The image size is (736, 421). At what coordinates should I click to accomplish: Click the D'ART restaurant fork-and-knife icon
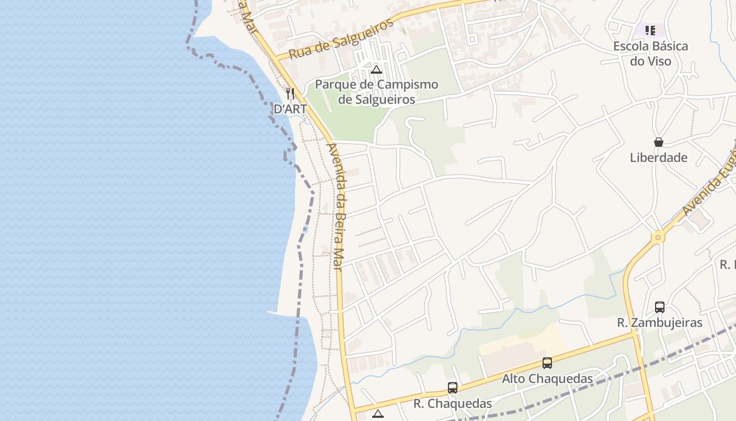(x=290, y=94)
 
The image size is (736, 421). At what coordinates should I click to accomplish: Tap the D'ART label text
(x=290, y=109)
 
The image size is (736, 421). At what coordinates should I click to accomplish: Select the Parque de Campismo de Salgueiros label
(x=376, y=92)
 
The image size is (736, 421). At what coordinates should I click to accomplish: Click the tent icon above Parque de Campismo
(x=376, y=69)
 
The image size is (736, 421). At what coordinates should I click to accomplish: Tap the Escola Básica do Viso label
(x=650, y=54)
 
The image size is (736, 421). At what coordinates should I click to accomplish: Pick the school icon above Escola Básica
(x=650, y=31)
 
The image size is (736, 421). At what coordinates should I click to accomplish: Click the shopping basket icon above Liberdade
(x=658, y=142)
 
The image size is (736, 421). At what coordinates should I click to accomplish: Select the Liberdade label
(x=658, y=157)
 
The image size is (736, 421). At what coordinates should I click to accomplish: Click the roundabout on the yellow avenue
(x=657, y=237)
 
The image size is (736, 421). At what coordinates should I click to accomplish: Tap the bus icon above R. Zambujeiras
(x=659, y=307)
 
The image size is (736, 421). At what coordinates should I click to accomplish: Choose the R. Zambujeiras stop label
(x=659, y=323)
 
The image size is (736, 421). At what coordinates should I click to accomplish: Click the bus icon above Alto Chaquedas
(x=547, y=363)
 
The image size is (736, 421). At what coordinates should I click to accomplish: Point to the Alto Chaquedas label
(x=547, y=379)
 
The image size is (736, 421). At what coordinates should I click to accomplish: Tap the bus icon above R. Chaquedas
(x=453, y=388)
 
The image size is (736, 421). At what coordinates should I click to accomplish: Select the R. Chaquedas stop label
(x=453, y=404)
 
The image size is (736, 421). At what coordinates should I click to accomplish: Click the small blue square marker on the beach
(x=305, y=229)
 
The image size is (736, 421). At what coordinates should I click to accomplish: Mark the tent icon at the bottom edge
(x=377, y=414)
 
